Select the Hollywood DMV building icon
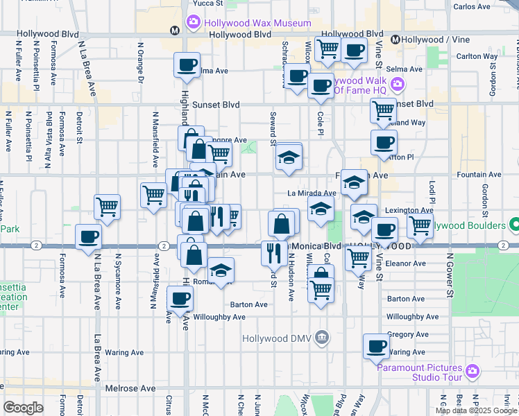pyautogui.click(x=321, y=338)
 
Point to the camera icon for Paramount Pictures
pyautogui.click(x=472, y=372)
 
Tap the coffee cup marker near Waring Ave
pyautogui.click(x=377, y=345)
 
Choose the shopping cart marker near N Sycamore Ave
pyautogui.click(x=108, y=206)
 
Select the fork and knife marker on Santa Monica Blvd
pyautogui.click(x=271, y=252)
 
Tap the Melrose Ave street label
pyautogui.click(x=130, y=389)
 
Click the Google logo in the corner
pyautogui.click(x=22, y=407)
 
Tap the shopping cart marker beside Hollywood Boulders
pyautogui.click(x=420, y=225)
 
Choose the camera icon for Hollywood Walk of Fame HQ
pyautogui.click(x=398, y=85)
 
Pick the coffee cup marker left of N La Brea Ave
pyautogui.click(x=89, y=236)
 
